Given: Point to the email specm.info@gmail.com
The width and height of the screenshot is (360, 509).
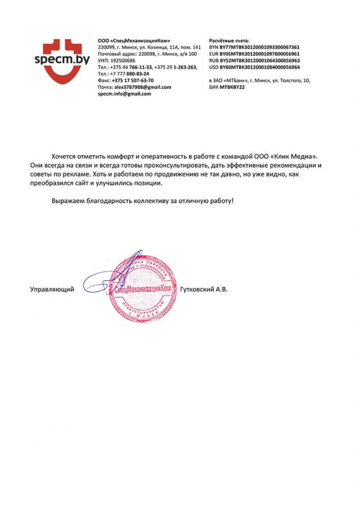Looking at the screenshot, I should click(125, 93).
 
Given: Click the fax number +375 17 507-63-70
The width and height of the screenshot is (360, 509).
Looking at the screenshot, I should click(133, 80).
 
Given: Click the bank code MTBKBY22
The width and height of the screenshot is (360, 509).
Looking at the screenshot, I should click(232, 87).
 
